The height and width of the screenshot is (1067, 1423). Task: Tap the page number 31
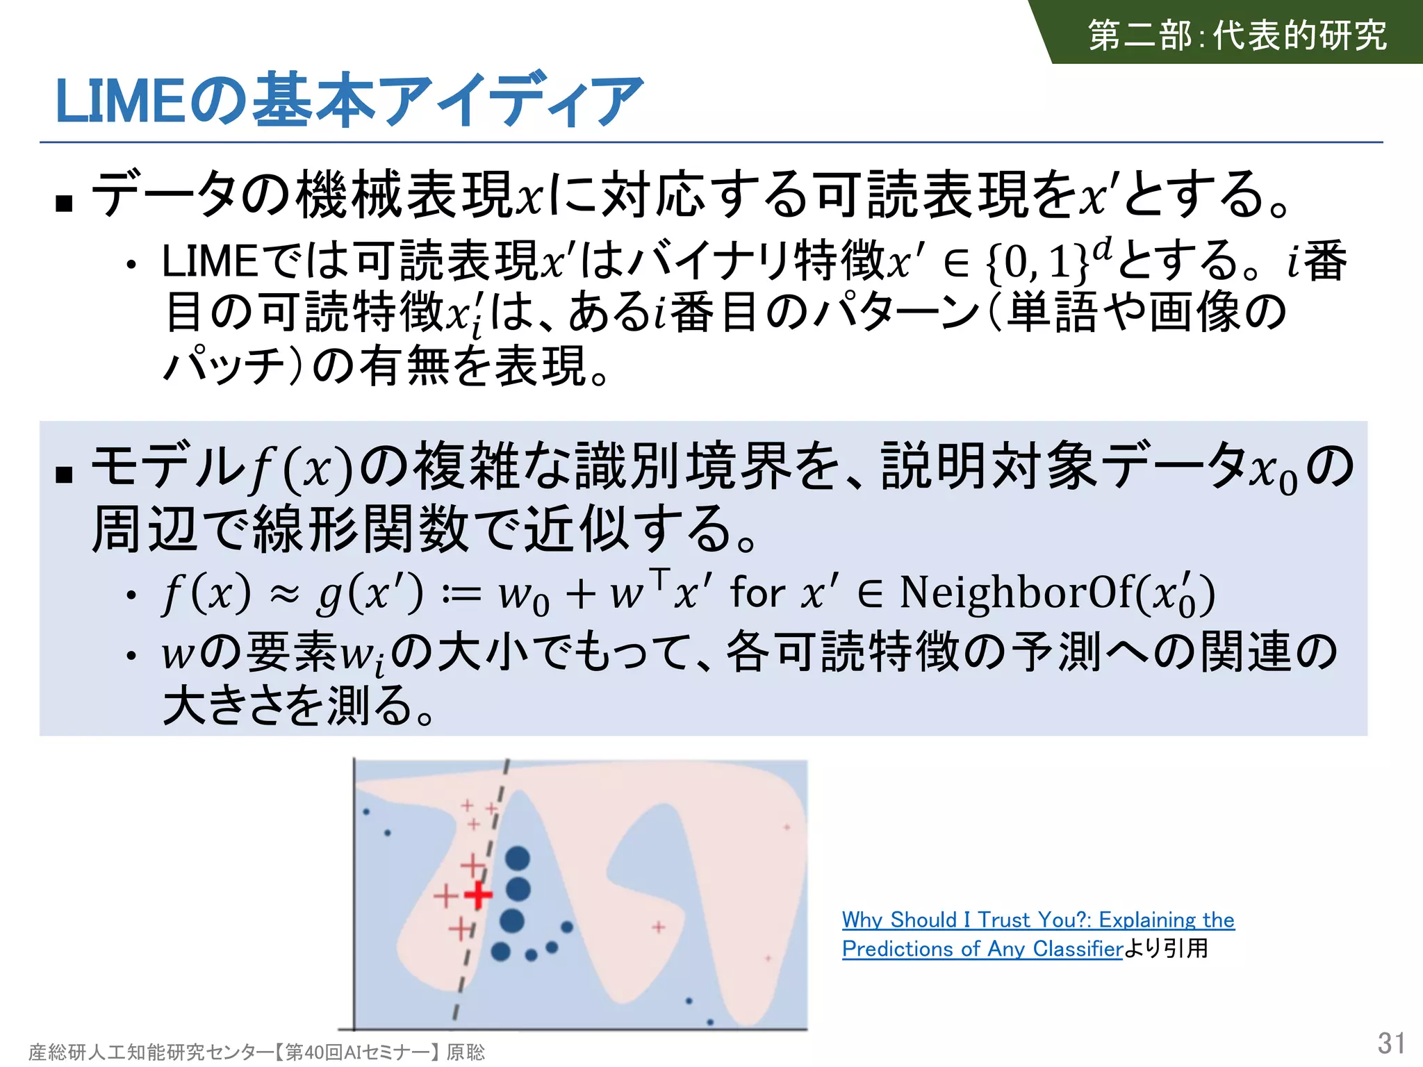coord(1391,1043)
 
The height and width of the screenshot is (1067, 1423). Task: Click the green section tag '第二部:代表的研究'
coord(1237,35)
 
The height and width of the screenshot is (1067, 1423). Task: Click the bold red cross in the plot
coord(478,895)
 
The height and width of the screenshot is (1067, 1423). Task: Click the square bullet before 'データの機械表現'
coord(65,203)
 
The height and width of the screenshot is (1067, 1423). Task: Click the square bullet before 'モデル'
coord(65,474)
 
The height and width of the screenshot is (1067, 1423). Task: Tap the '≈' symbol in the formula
coord(285,594)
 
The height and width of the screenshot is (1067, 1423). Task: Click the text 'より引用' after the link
coord(1166,949)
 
